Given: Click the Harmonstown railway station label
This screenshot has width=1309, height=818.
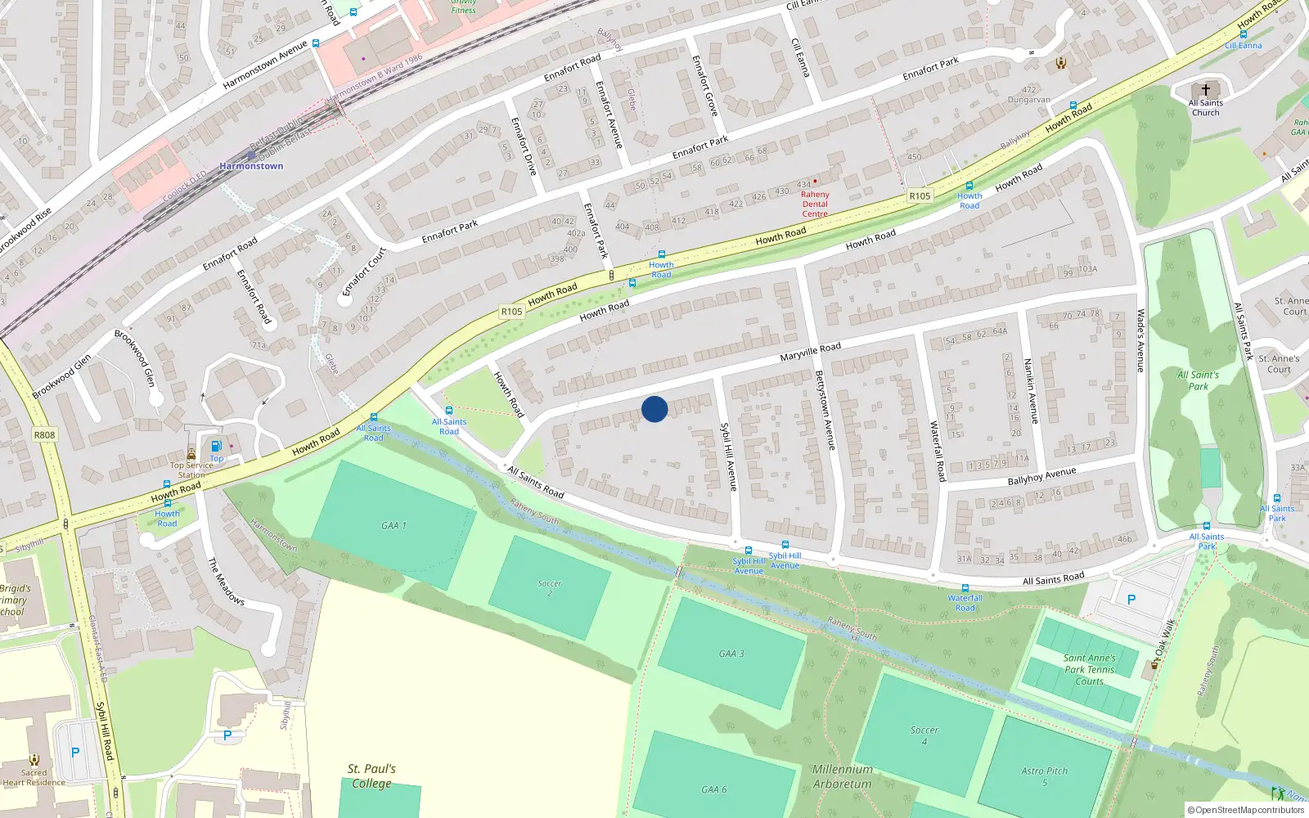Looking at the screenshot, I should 251,166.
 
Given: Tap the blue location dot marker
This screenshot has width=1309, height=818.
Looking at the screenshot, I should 654,409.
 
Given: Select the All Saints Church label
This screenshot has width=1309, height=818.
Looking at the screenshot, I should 1205,107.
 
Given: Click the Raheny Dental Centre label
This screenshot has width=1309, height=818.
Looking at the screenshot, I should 815,204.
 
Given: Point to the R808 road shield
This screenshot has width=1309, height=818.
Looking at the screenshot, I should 45,435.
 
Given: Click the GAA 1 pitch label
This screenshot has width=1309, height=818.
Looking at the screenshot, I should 394,525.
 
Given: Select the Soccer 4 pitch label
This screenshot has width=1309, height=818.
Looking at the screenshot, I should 924,735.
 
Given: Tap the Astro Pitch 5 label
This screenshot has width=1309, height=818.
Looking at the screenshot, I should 1045,776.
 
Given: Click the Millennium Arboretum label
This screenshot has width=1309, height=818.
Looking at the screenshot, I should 843,776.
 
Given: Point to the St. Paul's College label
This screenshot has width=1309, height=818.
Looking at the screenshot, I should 371,775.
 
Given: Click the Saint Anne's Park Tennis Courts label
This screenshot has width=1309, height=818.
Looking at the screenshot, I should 1089,669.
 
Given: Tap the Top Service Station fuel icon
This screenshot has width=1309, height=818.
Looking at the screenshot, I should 216,447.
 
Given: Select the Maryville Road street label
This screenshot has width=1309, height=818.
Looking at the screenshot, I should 810,352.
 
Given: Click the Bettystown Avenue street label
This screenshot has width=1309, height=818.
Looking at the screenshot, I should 825,410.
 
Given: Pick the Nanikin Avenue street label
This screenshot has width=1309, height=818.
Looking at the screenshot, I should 1032,390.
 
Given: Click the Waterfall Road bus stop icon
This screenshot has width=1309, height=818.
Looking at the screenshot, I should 965,588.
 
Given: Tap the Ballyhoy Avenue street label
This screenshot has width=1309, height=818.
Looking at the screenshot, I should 1041,476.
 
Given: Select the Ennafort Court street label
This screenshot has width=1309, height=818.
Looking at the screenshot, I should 364,272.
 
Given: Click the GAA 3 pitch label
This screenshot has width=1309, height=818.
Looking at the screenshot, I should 731,654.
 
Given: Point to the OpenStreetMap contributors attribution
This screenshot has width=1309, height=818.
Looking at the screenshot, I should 1246,810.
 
